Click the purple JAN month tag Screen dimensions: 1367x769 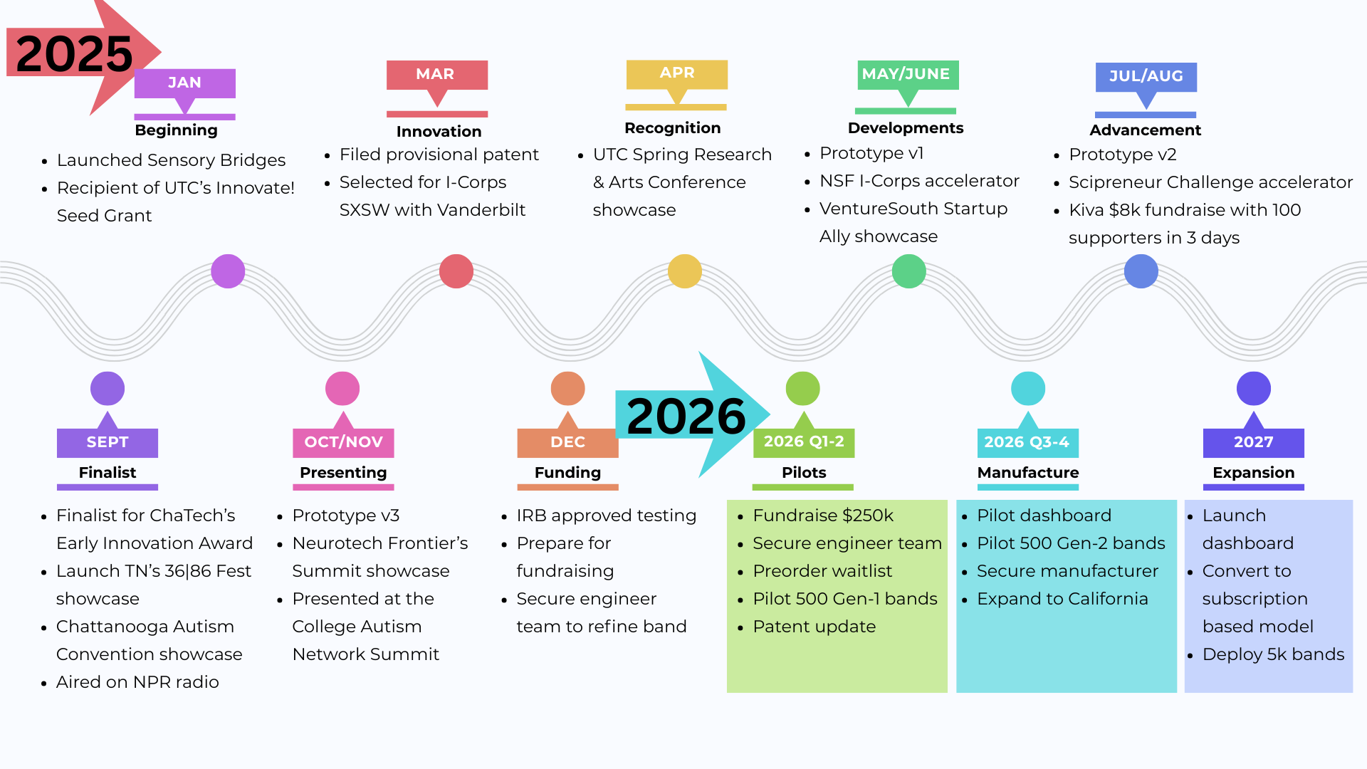point(184,83)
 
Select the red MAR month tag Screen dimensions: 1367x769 point(436,74)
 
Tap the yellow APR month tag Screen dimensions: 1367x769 point(676,73)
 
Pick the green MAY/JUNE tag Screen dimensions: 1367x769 point(907,74)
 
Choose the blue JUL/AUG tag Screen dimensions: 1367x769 point(1146,76)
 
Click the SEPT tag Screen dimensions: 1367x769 point(108,442)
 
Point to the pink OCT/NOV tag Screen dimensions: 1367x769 point(343,442)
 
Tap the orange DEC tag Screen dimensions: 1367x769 point(567,442)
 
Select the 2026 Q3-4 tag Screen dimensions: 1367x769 point(1027,442)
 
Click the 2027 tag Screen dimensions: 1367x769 point(1253,442)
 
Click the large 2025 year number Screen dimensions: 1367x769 point(74,54)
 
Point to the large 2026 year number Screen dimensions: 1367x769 point(686,417)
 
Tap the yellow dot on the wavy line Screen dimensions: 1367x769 point(685,271)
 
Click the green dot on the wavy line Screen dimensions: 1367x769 point(909,271)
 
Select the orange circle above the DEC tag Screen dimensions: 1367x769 point(567,389)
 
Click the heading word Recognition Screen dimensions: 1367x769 point(672,128)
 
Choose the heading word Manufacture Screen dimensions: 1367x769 point(1027,473)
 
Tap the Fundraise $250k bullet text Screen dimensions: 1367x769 point(822,516)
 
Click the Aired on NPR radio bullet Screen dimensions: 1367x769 point(137,682)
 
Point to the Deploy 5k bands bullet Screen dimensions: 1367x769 point(1273,654)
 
